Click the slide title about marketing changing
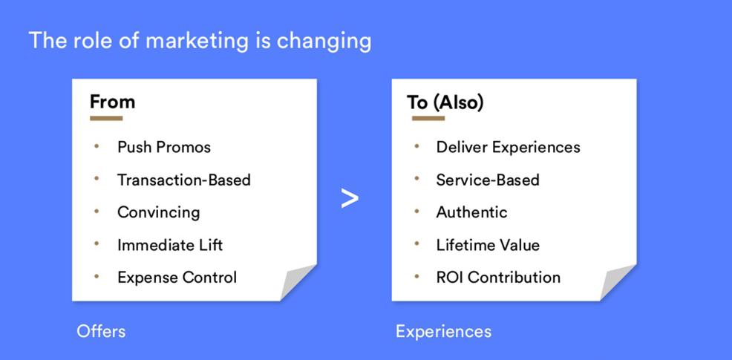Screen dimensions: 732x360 tap(200, 41)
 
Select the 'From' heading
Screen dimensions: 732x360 tap(113, 102)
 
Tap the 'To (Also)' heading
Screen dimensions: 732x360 tap(445, 102)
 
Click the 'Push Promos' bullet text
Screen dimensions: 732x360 tap(164, 148)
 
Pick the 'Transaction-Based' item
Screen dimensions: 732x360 tap(184, 180)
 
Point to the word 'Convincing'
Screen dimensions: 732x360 tap(159, 212)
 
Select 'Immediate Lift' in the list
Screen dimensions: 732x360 tap(170, 245)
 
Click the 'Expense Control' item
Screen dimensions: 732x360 tap(177, 278)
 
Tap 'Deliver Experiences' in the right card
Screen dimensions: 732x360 tap(509, 148)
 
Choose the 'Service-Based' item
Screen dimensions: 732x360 tap(488, 180)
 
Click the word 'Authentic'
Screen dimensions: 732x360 tap(472, 212)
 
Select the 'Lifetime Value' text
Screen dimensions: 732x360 tap(488, 245)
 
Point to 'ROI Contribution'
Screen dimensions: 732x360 tap(499, 278)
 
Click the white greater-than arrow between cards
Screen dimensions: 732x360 tap(350, 198)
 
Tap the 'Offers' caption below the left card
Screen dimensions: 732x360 tap(101, 332)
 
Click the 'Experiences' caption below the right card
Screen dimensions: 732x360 tap(443, 332)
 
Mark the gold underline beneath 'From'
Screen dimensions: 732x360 tap(106, 118)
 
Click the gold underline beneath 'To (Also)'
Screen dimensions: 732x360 tap(428, 118)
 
